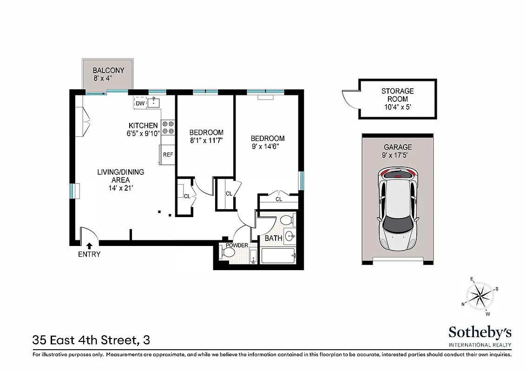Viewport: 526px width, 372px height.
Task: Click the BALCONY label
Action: pos(108,71)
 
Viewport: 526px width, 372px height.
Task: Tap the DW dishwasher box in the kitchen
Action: pos(140,103)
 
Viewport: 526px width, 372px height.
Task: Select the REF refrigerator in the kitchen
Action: pos(167,155)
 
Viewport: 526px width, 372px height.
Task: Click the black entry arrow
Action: pos(89,245)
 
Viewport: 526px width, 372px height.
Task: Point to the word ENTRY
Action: pos(89,254)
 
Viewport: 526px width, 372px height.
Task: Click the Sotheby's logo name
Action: pos(480,332)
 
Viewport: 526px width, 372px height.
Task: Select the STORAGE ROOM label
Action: pos(397,95)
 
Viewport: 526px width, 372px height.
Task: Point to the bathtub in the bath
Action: pos(278,256)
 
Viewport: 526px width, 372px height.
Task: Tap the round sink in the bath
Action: pos(289,235)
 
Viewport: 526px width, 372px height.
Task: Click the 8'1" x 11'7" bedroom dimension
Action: pos(206,141)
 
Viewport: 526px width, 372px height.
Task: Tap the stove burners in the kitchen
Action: pos(168,127)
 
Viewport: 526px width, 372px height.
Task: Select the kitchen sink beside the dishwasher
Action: pos(154,103)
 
